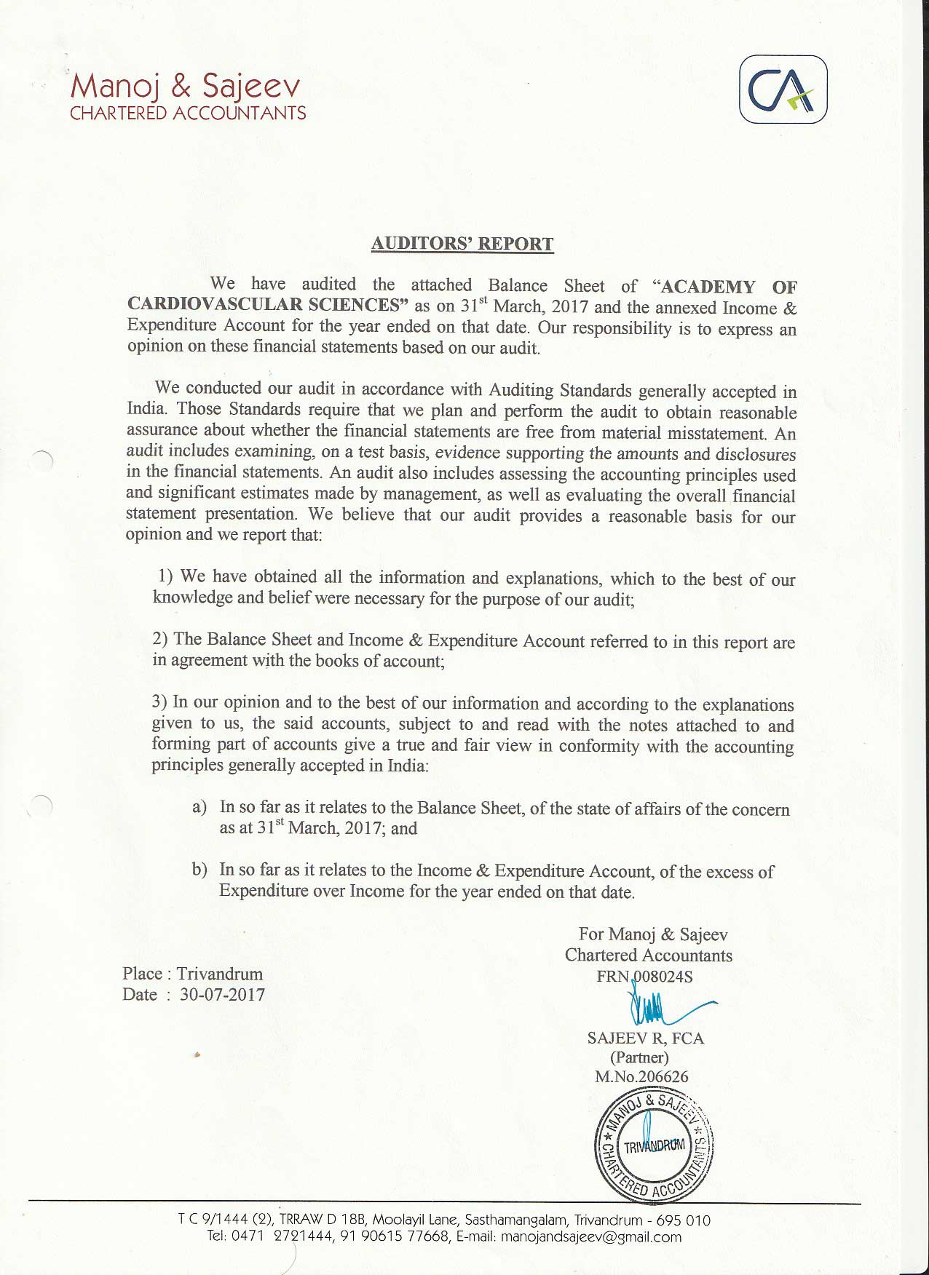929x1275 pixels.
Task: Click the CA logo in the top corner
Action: click(x=783, y=90)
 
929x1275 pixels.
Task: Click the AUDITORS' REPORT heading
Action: click(x=462, y=244)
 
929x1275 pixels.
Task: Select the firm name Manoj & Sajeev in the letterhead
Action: click(x=185, y=87)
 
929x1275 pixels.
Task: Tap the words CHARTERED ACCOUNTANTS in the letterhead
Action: click(x=188, y=113)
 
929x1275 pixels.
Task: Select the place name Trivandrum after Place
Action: click(x=219, y=974)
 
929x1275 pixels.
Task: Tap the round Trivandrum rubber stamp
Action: click(x=654, y=1145)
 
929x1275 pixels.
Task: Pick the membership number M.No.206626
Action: click(x=641, y=1076)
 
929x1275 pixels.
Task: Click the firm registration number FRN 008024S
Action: click(x=644, y=976)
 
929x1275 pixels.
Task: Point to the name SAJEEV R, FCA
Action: click(x=646, y=1038)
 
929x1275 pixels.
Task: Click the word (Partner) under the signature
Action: click(x=639, y=1057)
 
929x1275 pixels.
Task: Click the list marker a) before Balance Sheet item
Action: click(x=199, y=807)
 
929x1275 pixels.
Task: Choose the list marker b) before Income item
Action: click(x=199, y=870)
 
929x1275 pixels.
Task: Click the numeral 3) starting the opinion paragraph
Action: click(x=160, y=702)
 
